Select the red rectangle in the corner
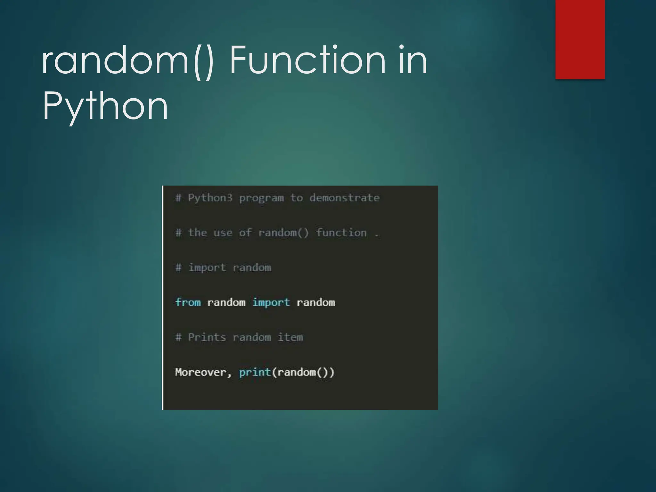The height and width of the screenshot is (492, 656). point(580,39)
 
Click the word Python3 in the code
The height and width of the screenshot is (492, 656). point(210,198)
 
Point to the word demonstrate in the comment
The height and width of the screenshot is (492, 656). point(344,198)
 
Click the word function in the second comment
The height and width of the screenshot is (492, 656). point(341,233)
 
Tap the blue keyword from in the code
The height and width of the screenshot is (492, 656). point(188,302)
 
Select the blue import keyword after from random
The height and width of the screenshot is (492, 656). point(271,302)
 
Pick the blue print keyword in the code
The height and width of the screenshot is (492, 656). point(255,372)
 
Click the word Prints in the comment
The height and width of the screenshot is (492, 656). point(207,337)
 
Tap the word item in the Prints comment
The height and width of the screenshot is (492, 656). point(290,337)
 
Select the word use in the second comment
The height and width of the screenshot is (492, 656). point(223,233)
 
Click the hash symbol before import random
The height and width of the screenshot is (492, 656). point(178,267)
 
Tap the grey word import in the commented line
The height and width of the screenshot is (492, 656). point(207,268)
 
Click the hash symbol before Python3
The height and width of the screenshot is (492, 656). point(178,198)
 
